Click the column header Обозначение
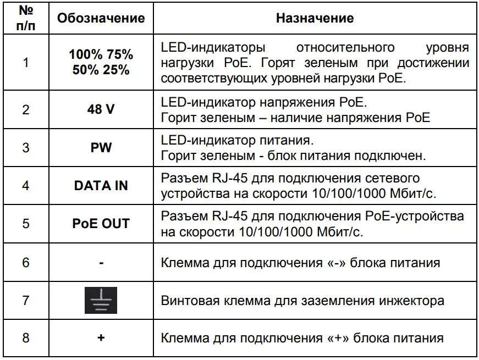101,18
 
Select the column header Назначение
315,18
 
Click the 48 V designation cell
101,109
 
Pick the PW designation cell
101,148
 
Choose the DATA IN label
101,186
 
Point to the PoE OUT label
101,224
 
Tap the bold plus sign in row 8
101,337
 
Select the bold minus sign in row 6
101,262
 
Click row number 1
25,62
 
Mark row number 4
25,186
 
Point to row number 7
25,301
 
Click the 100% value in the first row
85,55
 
